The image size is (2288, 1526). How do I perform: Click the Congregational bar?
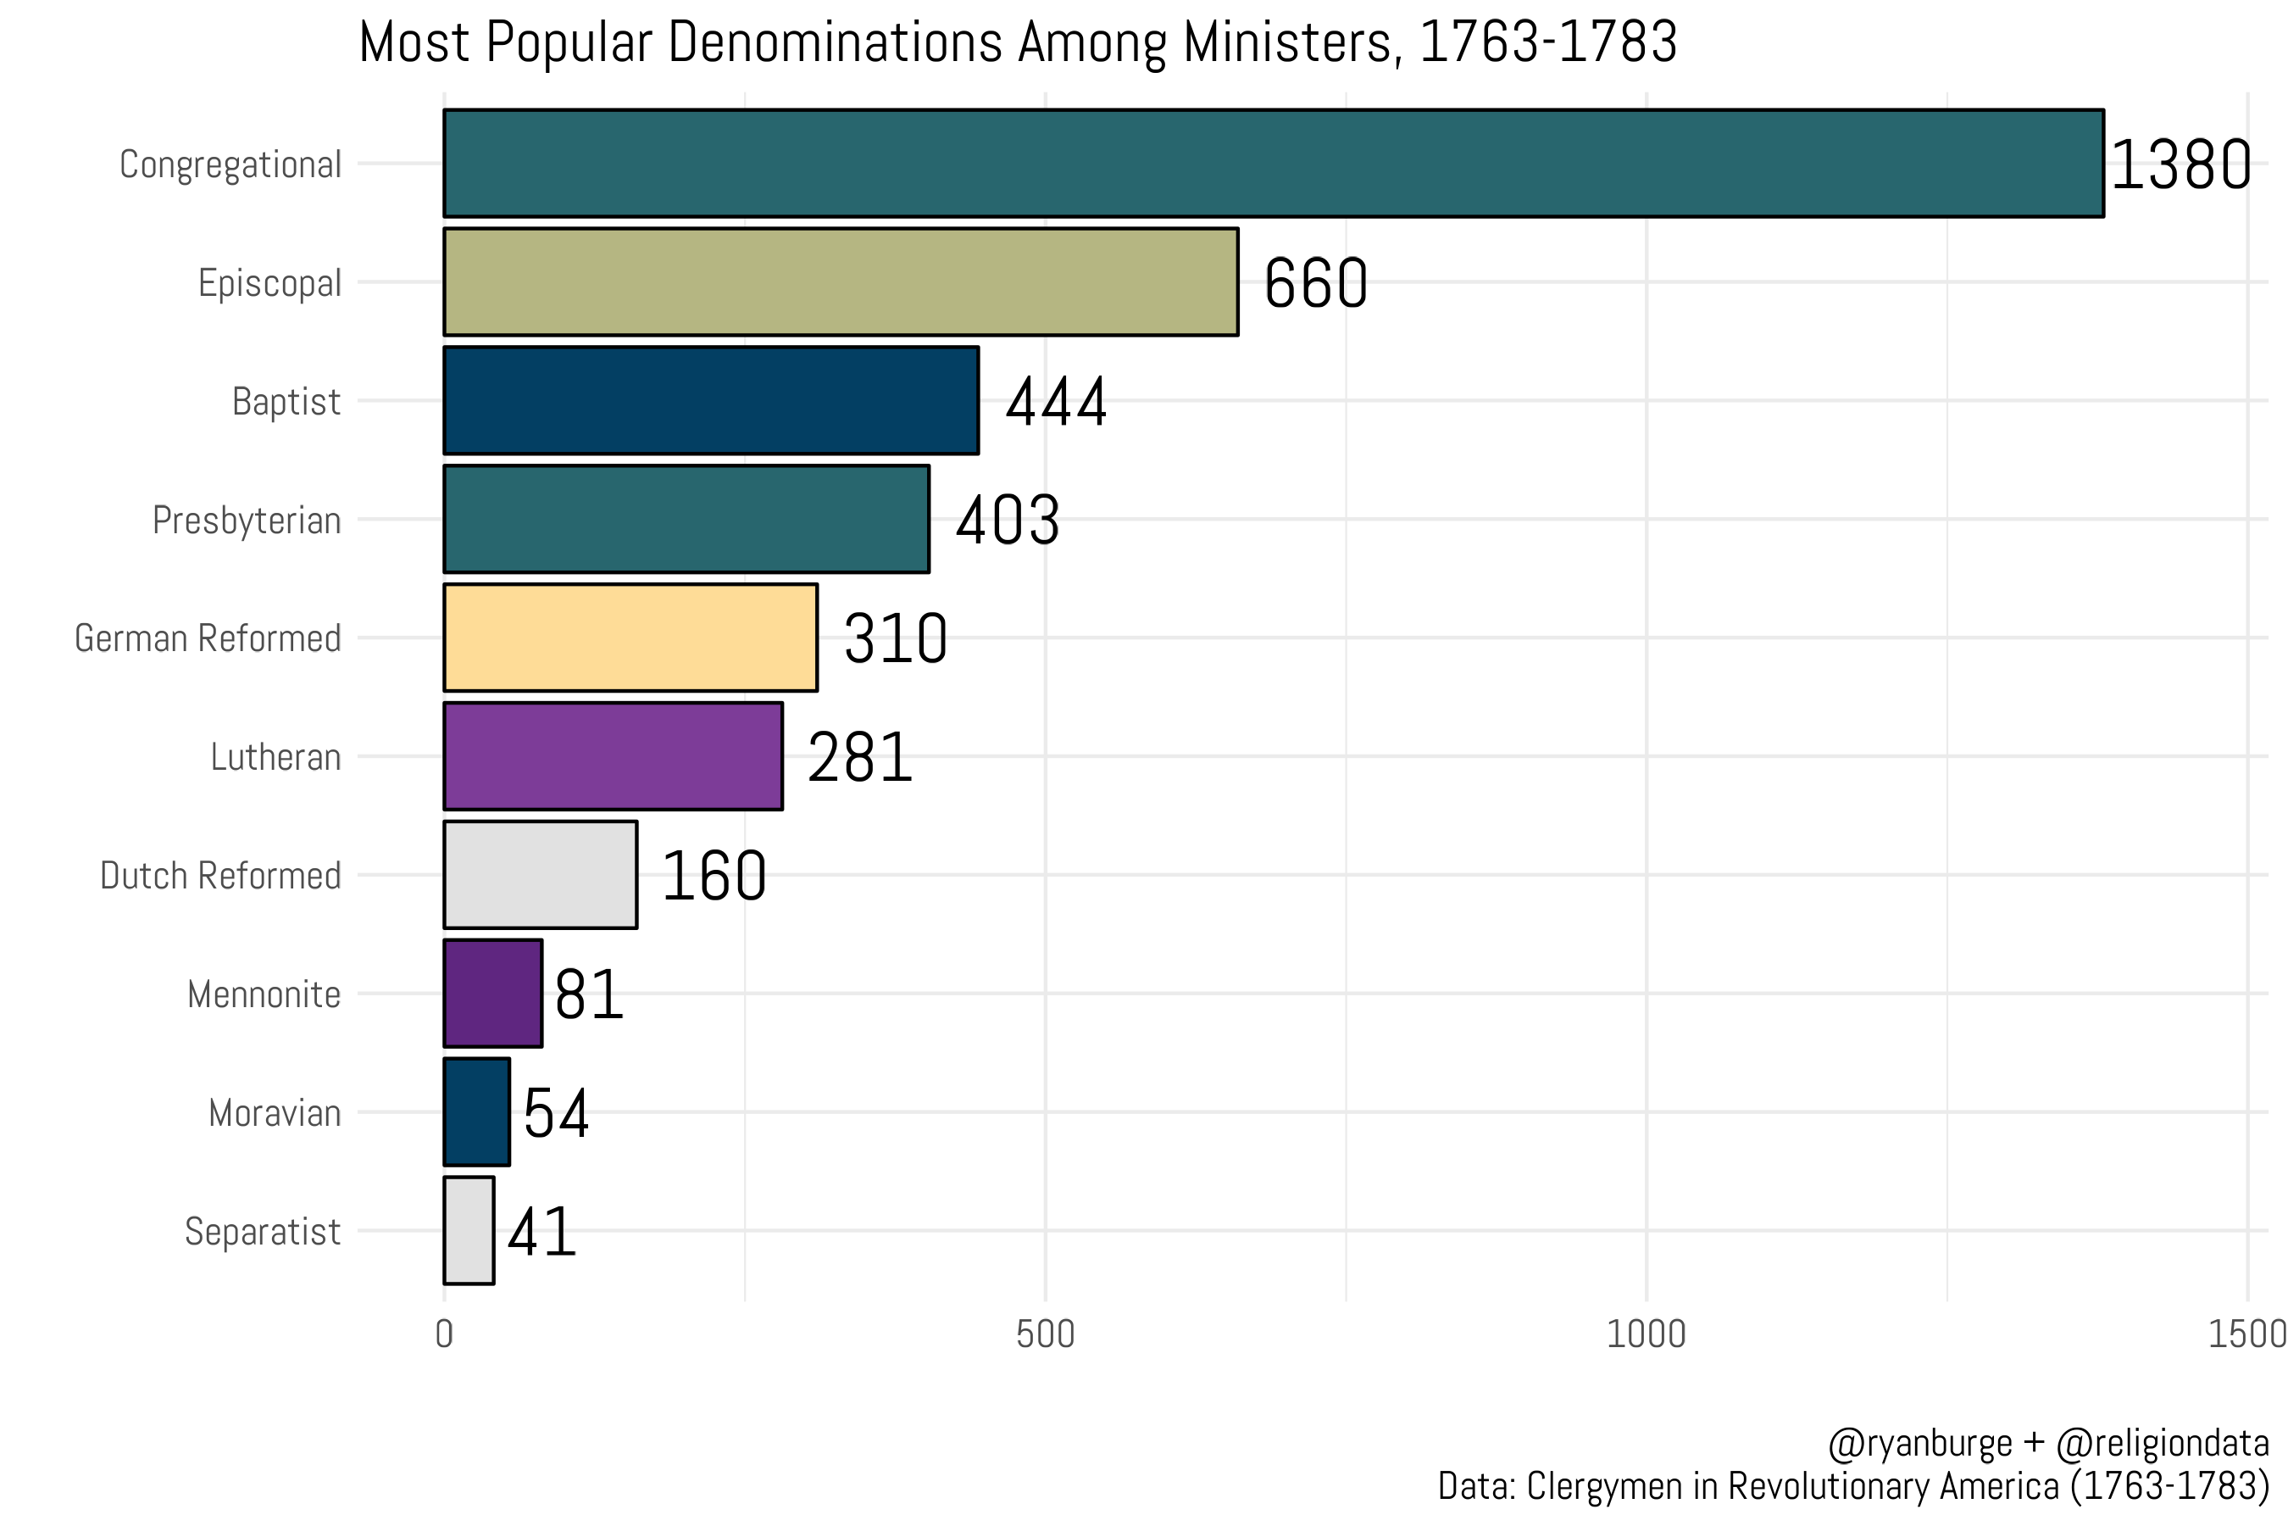click(1274, 164)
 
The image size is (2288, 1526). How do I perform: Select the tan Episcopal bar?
click(841, 282)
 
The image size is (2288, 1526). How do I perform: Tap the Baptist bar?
click(711, 400)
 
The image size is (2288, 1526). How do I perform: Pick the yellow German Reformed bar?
click(630, 638)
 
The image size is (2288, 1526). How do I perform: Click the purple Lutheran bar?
click(613, 756)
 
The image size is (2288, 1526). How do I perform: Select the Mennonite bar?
click(492, 994)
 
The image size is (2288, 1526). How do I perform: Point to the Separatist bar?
click(469, 1230)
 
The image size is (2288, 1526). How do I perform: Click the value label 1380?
click(2181, 164)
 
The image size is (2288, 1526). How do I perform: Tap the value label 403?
click(1007, 520)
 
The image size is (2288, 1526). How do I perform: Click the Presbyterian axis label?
click(246, 521)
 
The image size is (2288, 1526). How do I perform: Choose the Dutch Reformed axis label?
click(219, 876)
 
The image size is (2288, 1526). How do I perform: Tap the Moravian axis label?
click(275, 1112)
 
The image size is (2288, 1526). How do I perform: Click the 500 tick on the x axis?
click(1045, 1334)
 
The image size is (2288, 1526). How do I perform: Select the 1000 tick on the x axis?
click(1646, 1334)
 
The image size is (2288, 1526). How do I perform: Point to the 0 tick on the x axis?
click(445, 1334)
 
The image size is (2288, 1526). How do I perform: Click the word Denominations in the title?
click(835, 43)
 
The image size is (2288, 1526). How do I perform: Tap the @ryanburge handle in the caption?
click(1919, 1442)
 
